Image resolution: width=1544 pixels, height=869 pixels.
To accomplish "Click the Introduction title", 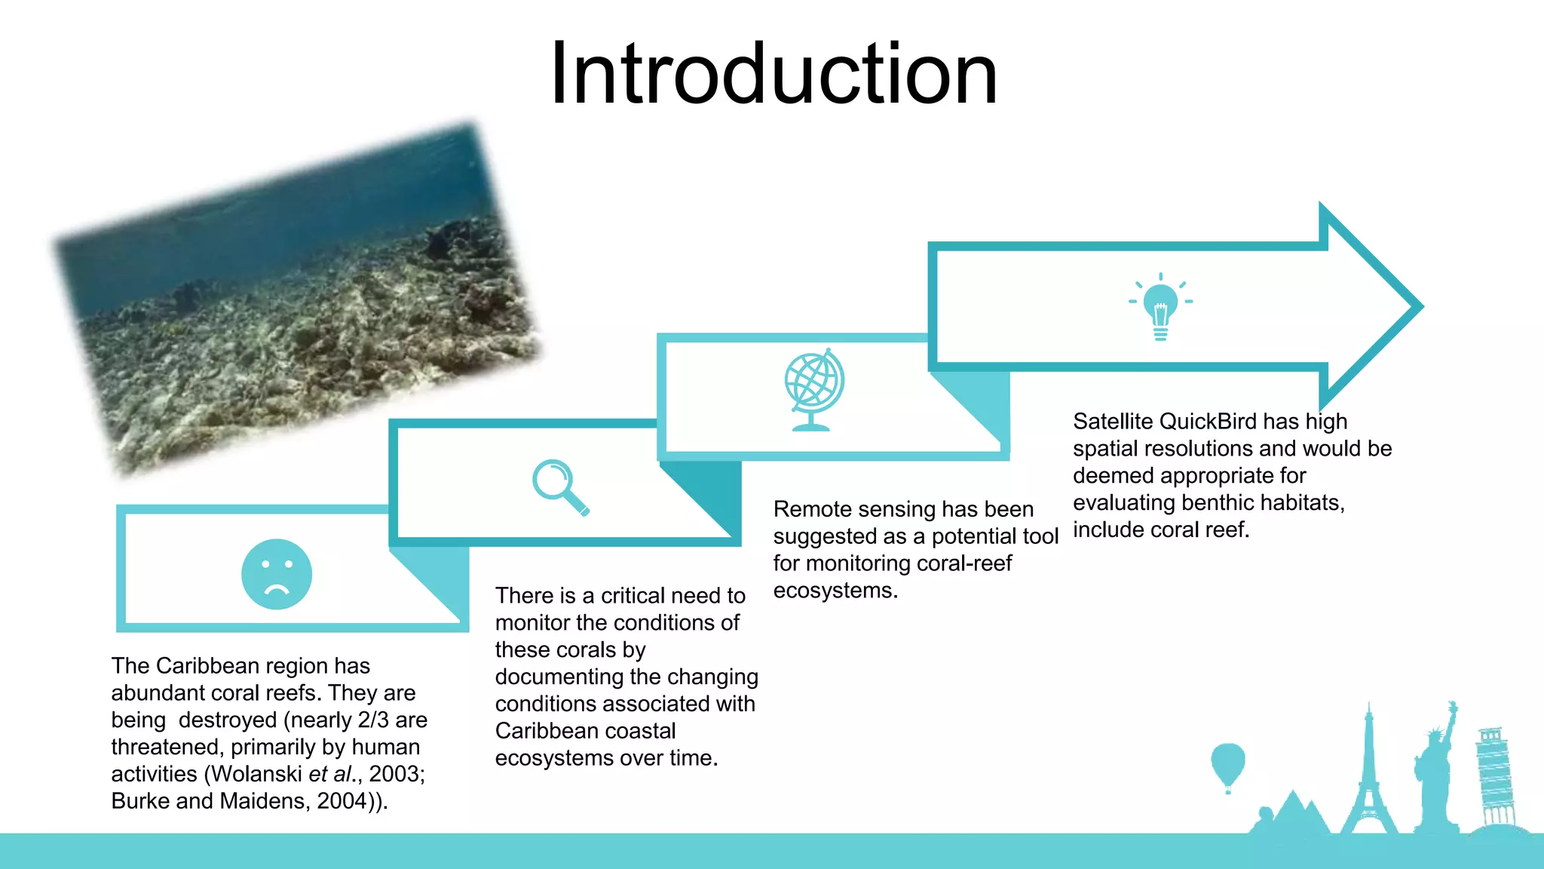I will pyautogui.click(x=774, y=74).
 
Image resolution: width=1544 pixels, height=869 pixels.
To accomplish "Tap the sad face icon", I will pyautogui.click(x=276, y=574).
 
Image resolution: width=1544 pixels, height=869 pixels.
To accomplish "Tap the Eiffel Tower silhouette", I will pyautogui.click(x=1368, y=777).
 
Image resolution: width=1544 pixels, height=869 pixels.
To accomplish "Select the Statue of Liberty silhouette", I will pyautogui.click(x=1436, y=769).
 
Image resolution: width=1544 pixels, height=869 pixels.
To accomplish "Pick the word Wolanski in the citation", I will pyautogui.click(x=256, y=774).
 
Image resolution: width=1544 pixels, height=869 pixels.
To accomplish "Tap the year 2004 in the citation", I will pyautogui.click(x=342, y=801).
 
